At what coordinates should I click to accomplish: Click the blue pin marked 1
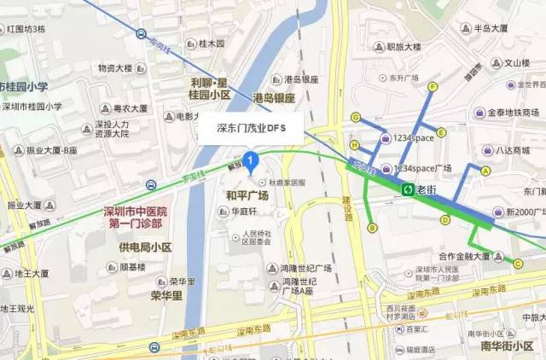(x=250, y=160)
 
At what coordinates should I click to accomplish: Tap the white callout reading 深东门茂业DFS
(x=253, y=129)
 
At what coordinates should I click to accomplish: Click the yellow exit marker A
(x=485, y=171)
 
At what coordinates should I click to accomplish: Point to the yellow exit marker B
(x=372, y=228)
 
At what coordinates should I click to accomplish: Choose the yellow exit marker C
(x=517, y=264)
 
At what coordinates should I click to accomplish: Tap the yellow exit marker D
(x=444, y=220)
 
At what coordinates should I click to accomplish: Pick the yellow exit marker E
(x=443, y=131)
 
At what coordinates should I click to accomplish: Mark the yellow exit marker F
(x=433, y=86)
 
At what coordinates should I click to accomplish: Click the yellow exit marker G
(x=355, y=118)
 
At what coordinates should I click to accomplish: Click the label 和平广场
(x=247, y=196)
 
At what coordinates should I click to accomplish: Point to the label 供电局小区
(x=145, y=247)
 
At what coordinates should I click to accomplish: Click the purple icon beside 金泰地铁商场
(x=481, y=112)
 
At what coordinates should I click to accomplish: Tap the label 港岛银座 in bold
(x=274, y=99)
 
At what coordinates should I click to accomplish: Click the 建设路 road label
(x=348, y=209)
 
